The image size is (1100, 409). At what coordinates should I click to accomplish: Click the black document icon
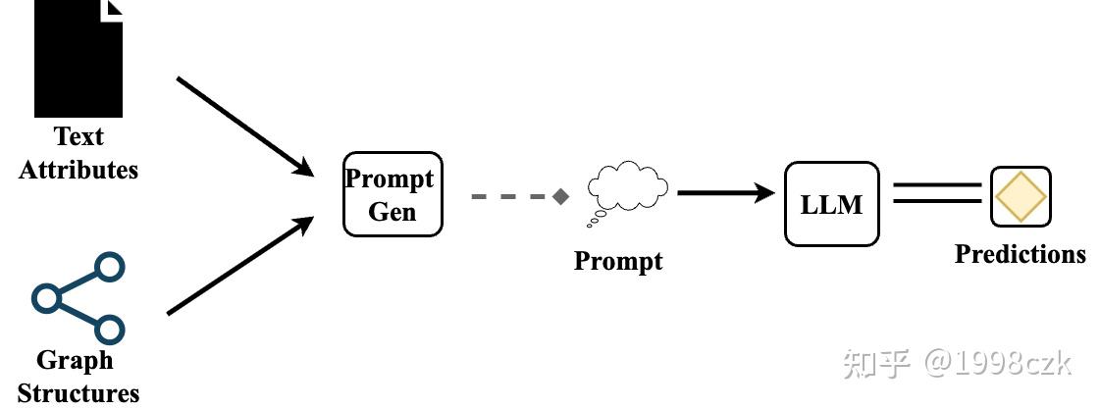(79, 58)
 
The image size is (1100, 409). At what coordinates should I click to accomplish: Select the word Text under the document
(79, 136)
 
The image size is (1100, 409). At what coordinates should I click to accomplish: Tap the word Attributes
(79, 170)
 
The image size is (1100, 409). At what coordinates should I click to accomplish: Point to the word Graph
(75, 361)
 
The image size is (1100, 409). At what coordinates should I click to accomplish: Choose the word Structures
(79, 393)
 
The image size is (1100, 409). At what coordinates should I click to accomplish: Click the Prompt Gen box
(393, 194)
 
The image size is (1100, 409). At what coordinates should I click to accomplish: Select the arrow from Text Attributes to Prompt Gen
(245, 127)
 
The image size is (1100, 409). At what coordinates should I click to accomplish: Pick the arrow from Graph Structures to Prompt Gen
(240, 265)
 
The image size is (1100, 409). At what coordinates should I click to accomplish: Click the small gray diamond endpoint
(560, 196)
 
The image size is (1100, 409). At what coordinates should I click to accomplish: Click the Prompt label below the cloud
(618, 261)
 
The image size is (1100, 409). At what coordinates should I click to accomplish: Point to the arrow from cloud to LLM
(726, 192)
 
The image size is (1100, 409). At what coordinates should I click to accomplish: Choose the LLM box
(831, 204)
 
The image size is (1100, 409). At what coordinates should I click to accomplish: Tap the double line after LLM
(937, 193)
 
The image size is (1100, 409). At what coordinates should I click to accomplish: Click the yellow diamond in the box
(1021, 196)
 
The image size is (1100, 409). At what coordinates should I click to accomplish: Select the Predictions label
(1020, 254)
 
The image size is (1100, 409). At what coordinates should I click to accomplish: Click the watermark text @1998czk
(997, 363)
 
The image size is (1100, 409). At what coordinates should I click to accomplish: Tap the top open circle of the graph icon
(110, 268)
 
